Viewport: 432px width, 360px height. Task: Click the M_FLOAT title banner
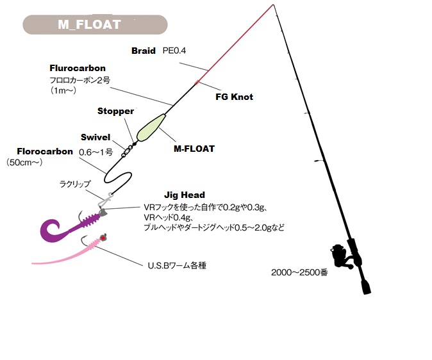point(94,24)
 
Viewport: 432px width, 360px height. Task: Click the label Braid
point(144,51)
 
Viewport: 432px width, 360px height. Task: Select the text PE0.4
point(174,51)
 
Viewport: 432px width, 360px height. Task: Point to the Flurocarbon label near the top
point(78,68)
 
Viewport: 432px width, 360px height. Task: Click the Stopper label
point(115,111)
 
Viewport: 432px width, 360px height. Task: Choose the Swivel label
point(96,137)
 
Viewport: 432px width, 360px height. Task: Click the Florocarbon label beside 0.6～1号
point(45,152)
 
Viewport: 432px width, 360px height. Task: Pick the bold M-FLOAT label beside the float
point(194,149)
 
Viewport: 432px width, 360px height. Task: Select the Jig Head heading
point(184,195)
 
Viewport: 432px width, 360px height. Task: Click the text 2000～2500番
point(299,272)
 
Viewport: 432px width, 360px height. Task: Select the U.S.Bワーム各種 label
point(175,264)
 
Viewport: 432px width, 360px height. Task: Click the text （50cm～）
point(24,163)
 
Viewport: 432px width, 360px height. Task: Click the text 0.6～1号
point(96,152)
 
